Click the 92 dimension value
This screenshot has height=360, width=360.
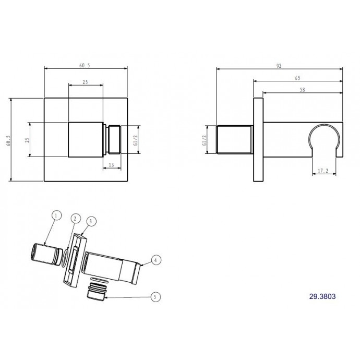279,66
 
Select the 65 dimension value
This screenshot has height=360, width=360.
297,78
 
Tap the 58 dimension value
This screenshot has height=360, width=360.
303,90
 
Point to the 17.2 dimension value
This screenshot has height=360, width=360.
323,171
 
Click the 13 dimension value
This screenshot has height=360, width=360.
111,165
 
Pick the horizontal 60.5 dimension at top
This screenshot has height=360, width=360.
85,65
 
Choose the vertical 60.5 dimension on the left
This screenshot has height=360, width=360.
8,141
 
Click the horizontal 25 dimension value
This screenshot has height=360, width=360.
85,82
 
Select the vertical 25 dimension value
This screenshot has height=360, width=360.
27,140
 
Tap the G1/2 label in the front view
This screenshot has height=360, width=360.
135,140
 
